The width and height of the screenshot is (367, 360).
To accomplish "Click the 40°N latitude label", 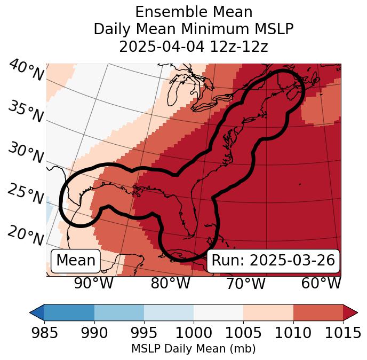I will [x=26, y=70].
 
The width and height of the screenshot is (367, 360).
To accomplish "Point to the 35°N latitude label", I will [x=26, y=111].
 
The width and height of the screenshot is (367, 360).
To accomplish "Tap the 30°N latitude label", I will [x=26, y=152].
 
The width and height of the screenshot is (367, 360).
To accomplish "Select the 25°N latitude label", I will [x=26, y=194].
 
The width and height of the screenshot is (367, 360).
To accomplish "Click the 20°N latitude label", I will [x=26, y=234].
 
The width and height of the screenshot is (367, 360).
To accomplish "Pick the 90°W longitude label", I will [x=93, y=283].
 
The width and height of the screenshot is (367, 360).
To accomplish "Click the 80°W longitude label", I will [x=170, y=283].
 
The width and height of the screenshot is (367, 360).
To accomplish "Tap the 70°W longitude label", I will [x=245, y=283].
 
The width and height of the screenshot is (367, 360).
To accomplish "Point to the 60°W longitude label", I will [x=321, y=283].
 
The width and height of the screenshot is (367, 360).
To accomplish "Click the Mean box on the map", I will [x=76, y=261].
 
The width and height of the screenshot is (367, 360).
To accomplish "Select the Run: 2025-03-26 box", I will [x=273, y=261].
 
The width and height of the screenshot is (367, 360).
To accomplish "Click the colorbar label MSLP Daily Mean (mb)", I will [x=193, y=349].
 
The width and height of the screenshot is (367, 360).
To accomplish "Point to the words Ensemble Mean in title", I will [x=194, y=12].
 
